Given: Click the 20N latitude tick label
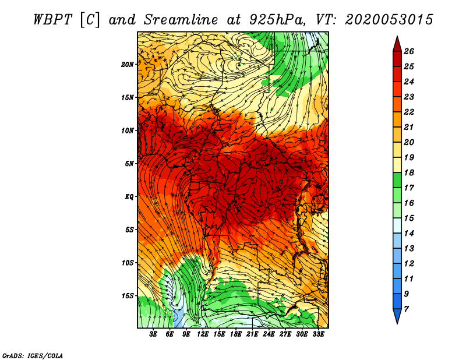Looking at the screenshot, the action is pos(128,64).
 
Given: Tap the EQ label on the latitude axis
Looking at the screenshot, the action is pos(129,196).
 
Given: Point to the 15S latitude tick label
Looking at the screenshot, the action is pos(128,296).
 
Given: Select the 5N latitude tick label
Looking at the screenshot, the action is pos(129,164).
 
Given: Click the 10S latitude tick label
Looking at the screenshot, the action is pos(128,263).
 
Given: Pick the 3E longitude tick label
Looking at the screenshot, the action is pos(153,334).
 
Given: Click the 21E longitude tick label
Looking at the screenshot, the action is pos(252,334).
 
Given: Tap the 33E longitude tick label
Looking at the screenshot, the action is pos(318,334).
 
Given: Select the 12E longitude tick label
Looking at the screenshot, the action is pos(203,334).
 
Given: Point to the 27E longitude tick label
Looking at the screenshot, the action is pos(285,334).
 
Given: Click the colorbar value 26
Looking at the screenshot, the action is pos(409,51).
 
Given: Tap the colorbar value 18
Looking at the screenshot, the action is pos(409,172).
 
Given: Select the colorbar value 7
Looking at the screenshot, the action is pos(406,309).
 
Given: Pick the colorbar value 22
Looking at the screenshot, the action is pos(409,112).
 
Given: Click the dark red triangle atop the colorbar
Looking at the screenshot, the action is pos(397,44).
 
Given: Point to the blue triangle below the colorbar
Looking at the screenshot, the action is pos(397,316).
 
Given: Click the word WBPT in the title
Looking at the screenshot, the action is pos(53,20).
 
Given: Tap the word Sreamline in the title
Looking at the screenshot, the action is pos(181,20).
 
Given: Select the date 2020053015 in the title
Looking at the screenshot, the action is pos(389,20).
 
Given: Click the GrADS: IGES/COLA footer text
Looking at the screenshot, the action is pos(33,356).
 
